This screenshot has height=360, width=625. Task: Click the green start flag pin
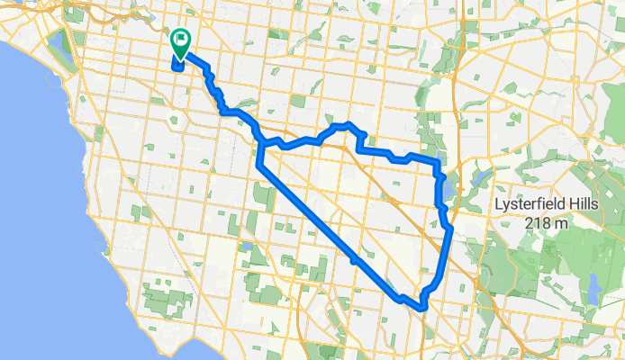[x=181, y=40]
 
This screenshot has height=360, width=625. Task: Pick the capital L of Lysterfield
[x=500, y=204]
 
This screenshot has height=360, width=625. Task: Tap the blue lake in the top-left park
[x=60, y=41]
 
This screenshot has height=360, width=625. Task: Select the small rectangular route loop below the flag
[x=177, y=62]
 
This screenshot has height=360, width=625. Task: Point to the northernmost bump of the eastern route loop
[x=347, y=123]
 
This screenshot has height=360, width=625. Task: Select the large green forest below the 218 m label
[x=540, y=270]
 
